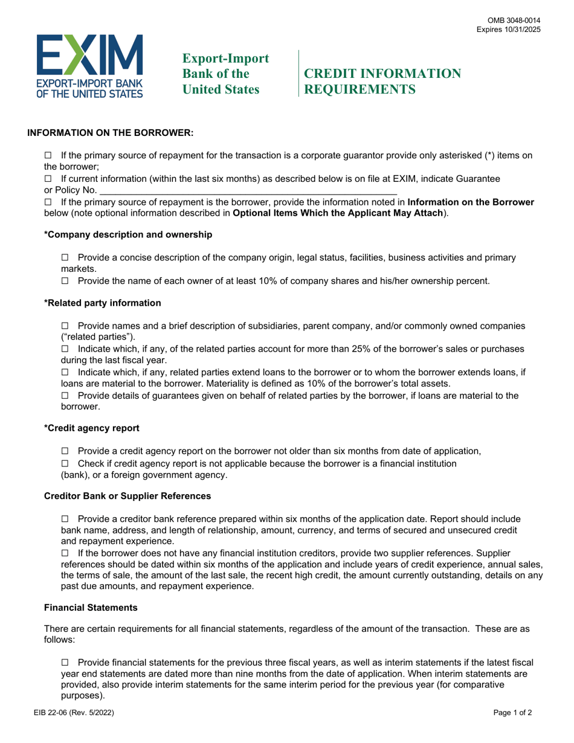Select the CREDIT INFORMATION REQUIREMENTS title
(x=382, y=82)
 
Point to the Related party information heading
(x=103, y=303)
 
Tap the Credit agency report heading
(x=92, y=428)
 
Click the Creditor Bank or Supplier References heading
(x=127, y=496)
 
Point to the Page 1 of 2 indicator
(x=512, y=730)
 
